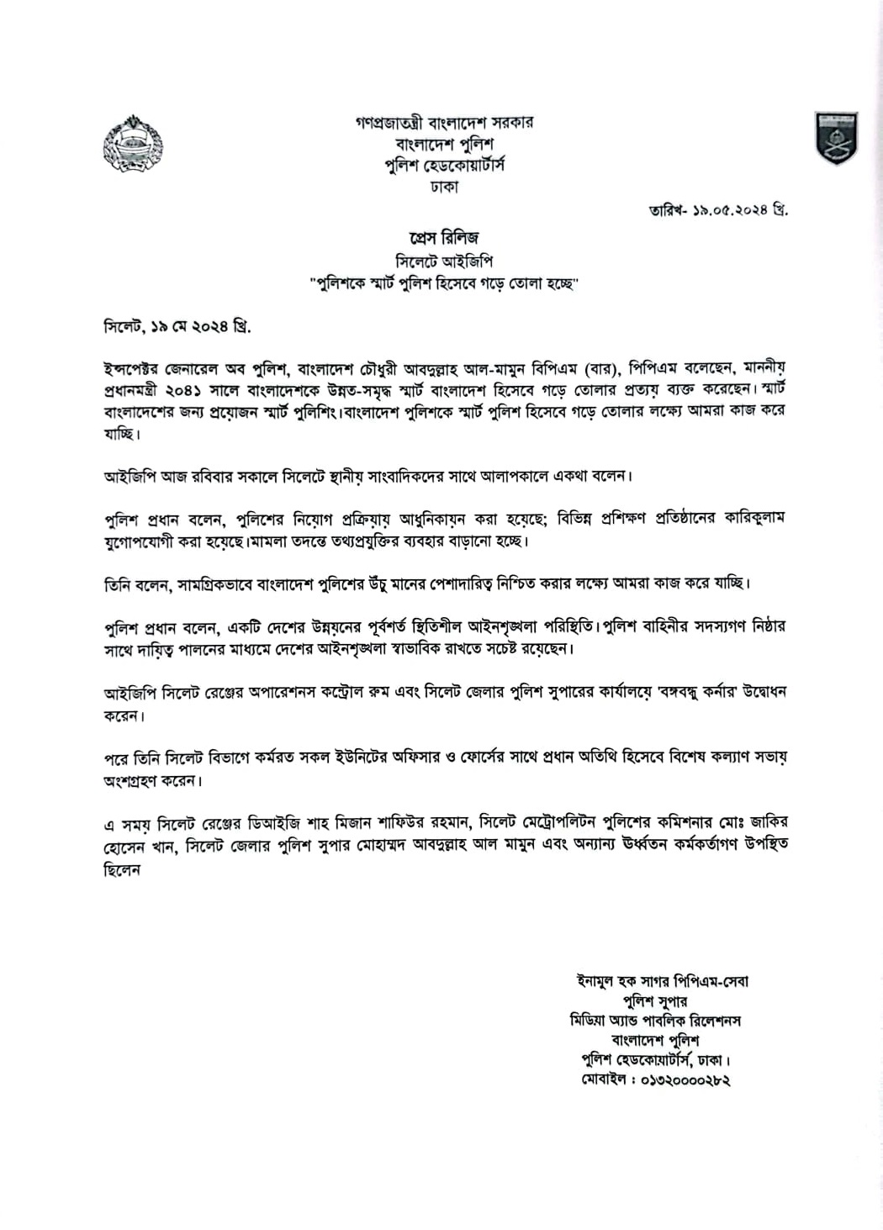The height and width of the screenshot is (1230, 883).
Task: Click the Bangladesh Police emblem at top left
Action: click(133, 144)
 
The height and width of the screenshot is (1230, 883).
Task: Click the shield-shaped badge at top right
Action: click(835, 138)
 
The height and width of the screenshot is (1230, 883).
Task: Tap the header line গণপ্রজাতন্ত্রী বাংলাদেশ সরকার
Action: click(444, 123)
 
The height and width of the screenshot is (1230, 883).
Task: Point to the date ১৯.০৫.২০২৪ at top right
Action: click(728, 210)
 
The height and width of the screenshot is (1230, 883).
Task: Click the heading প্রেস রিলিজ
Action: click(444, 238)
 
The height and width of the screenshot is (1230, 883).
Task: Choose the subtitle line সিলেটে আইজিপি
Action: click(444, 261)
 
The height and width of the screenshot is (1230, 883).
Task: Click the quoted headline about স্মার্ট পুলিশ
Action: click(444, 283)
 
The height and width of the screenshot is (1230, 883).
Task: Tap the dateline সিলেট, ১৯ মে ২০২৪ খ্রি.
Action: click(177, 325)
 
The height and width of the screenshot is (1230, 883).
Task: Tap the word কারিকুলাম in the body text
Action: click(752, 518)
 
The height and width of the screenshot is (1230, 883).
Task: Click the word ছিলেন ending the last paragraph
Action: click(122, 870)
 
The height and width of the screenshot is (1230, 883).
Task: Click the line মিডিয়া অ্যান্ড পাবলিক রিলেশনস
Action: click(655, 1021)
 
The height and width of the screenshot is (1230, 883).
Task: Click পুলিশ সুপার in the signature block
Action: click(655, 1001)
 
